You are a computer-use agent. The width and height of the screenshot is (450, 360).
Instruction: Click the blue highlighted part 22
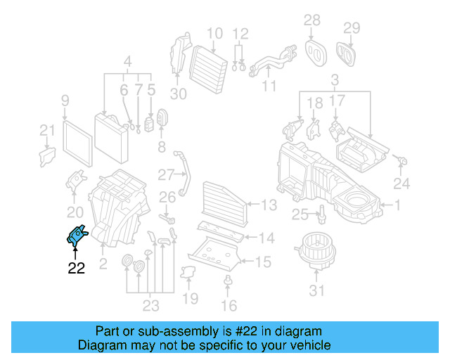tap(76, 235)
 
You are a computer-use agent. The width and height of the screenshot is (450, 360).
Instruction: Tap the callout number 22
tap(76, 268)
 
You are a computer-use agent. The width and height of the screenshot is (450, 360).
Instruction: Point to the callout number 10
tap(214, 33)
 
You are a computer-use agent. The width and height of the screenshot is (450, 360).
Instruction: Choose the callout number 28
tap(311, 20)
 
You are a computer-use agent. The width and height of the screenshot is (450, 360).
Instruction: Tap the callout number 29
tap(351, 28)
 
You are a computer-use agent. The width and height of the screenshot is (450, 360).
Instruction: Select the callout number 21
tap(46, 130)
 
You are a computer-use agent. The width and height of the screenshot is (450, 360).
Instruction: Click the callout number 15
tap(262, 262)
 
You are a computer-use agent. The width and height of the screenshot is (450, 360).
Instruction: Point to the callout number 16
tap(229, 305)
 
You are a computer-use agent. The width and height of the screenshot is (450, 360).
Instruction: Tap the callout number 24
tap(401, 184)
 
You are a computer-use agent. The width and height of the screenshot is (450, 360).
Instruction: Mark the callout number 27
tap(165, 174)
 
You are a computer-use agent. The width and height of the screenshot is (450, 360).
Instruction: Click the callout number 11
tap(269, 86)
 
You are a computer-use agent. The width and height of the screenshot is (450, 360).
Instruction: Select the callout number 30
tap(179, 94)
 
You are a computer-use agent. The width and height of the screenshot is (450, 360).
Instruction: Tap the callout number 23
tap(150, 305)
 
